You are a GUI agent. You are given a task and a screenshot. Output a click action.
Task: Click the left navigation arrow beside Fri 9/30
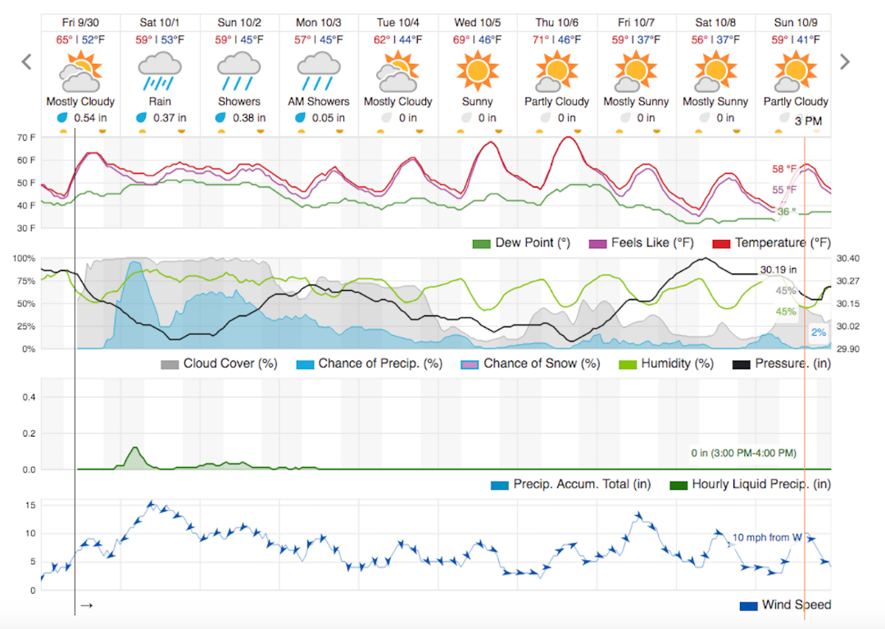[26, 62]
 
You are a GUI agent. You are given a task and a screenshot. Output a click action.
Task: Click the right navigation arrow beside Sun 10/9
[845, 62]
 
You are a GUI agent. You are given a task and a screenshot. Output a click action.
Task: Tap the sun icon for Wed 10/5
[477, 71]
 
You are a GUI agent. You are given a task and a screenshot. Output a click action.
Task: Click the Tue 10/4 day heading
[397, 22]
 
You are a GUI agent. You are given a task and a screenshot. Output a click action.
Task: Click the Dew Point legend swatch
[481, 243]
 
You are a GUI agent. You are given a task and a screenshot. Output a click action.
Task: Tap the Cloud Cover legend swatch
[170, 364]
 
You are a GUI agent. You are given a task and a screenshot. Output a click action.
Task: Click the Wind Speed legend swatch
[748, 606]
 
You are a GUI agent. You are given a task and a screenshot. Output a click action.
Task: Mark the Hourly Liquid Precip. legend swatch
[679, 484]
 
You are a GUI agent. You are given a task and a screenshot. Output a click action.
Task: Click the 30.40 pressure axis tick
[848, 259]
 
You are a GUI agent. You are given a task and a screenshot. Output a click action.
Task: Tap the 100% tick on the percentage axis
[25, 259]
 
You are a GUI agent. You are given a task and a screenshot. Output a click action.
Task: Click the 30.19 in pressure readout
[778, 269]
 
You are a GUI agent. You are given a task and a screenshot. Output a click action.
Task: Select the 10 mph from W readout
[767, 537]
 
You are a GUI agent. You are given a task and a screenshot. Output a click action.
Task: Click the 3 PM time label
[809, 121]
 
